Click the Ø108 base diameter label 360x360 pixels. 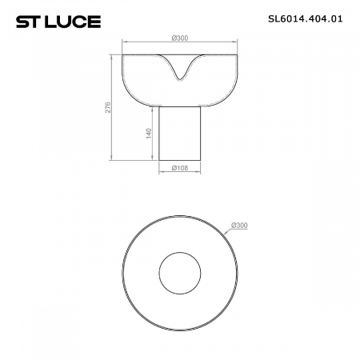179,169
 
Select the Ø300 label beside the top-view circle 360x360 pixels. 238,225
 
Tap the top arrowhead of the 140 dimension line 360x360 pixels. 152,108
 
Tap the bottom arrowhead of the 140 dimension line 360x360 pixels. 152,159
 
